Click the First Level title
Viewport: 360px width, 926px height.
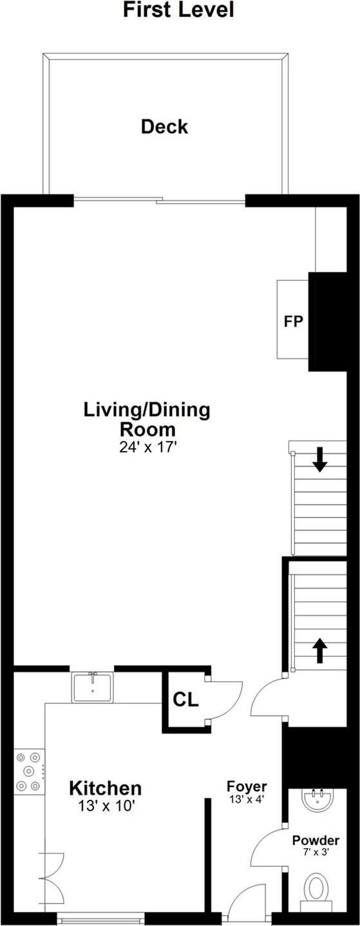[x=178, y=10]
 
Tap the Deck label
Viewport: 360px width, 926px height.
[x=164, y=126]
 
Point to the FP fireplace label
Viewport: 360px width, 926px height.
[x=293, y=321]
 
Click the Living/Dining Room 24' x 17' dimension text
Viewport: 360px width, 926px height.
[x=148, y=448]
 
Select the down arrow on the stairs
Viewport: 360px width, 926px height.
[x=319, y=459]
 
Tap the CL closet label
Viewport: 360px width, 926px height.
[x=185, y=699]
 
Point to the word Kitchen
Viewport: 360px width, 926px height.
[x=105, y=788]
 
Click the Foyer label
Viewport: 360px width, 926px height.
[x=247, y=786]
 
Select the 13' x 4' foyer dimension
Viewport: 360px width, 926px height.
[x=247, y=799]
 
